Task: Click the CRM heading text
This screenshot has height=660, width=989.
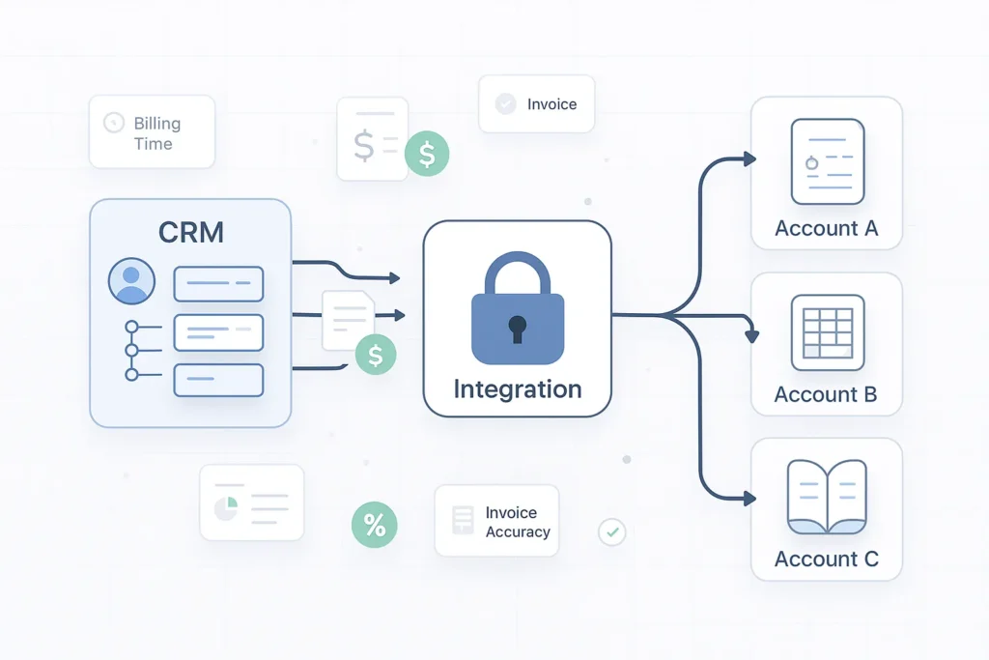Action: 190,232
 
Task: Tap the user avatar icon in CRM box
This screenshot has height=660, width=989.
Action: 131,282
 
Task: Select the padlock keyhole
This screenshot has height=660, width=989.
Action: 519,327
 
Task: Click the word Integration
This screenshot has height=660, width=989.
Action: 518,389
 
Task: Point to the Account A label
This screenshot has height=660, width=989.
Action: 826,229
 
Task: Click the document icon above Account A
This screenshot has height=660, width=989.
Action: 827,161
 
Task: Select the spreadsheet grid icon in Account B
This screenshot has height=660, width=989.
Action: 827,332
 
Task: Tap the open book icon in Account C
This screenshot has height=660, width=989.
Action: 827,497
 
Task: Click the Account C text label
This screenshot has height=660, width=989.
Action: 826,560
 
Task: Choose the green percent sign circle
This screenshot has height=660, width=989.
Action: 374,525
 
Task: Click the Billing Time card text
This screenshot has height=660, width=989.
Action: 156,133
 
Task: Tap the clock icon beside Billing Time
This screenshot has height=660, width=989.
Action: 114,123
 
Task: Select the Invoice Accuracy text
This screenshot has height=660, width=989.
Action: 518,522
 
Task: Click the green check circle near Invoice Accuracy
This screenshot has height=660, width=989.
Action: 612,531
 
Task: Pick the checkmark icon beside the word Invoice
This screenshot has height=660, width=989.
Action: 505,104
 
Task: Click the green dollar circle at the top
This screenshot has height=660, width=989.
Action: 427,154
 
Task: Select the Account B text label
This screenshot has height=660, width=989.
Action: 826,394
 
